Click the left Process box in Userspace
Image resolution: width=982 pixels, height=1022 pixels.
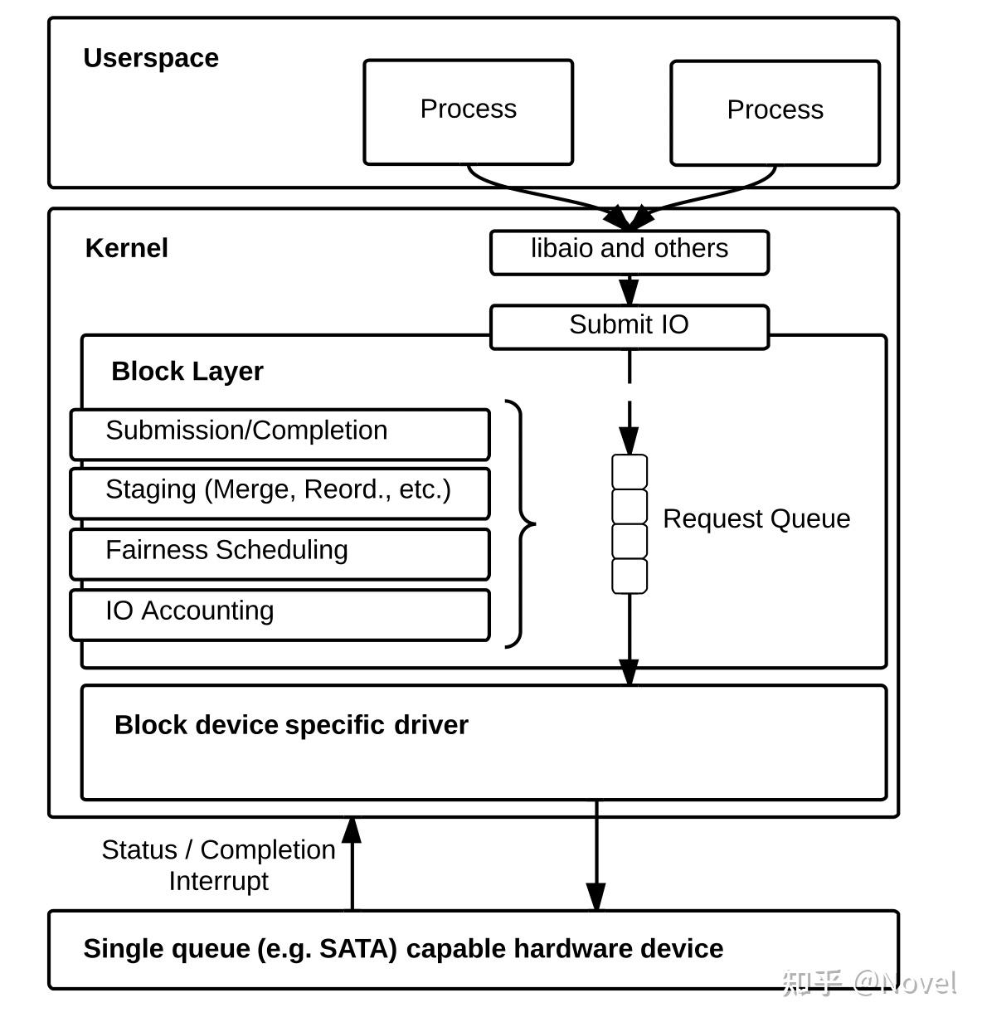click(x=468, y=112)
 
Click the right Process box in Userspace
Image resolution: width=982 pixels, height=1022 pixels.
click(x=775, y=113)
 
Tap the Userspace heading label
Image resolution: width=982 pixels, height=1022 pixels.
click(x=151, y=58)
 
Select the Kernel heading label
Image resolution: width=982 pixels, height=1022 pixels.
click(x=127, y=248)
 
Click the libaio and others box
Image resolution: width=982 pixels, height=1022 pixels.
click(x=630, y=252)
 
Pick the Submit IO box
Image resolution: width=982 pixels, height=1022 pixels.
click(x=630, y=327)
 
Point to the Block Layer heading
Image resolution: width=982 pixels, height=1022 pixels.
click(x=187, y=371)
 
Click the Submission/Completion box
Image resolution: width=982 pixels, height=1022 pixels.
click(x=280, y=434)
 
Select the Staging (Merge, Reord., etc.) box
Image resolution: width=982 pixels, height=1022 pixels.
click(x=280, y=494)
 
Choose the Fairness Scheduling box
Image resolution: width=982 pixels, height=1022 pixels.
click(x=280, y=553)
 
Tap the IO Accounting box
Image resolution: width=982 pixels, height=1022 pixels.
click(x=280, y=615)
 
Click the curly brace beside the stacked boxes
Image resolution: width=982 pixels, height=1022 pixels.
click(x=520, y=524)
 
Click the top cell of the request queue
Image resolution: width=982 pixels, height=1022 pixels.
click(x=630, y=471)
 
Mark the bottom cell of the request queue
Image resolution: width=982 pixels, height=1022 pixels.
click(x=630, y=576)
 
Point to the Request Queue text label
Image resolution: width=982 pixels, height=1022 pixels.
click(x=756, y=518)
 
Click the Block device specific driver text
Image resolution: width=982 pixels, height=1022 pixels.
click(x=291, y=725)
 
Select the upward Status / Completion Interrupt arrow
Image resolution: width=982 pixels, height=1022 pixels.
click(x=352, y=863)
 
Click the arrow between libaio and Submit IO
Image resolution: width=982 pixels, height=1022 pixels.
click(x=630, y=290)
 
